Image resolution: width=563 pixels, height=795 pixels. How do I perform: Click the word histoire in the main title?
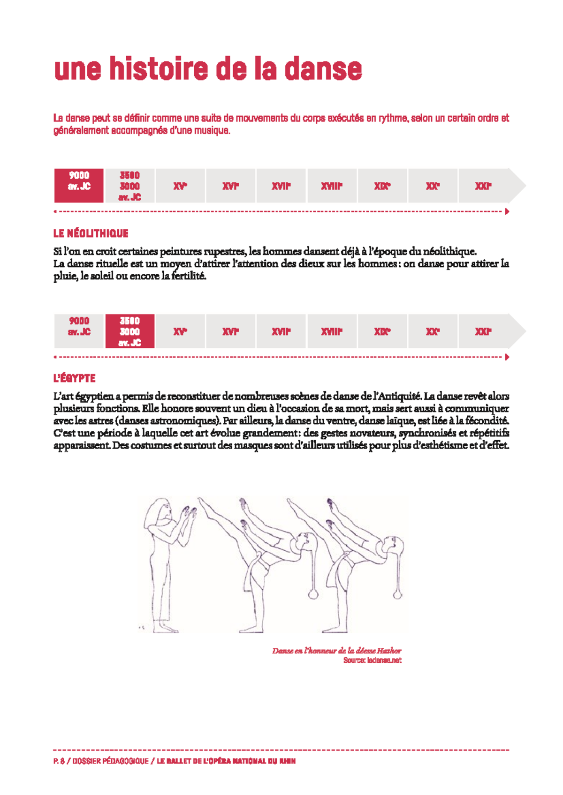pos(158,69)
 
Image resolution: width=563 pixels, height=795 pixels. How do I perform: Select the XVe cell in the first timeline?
pos(180,186)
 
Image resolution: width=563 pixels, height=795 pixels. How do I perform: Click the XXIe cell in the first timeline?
pos(483,186)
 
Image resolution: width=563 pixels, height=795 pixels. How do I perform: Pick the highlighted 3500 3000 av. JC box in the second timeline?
pos(129,331)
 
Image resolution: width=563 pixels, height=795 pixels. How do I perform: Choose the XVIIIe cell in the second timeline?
pos(332,331)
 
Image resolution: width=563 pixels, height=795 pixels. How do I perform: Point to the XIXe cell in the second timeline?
pos(382,331)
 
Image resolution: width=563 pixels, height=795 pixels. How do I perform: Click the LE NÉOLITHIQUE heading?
pos(91,233)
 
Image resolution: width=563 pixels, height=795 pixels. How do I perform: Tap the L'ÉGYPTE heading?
pos(74,378)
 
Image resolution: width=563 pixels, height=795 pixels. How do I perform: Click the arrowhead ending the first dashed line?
pos(507,211)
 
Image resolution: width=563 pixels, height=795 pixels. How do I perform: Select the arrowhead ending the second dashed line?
pos(507,357)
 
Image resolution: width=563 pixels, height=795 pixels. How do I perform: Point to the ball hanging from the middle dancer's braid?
pos(313,594)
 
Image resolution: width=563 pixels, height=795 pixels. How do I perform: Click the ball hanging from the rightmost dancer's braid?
pos(398,594)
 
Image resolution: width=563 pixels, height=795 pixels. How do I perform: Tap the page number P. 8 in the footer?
pos(59,761)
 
